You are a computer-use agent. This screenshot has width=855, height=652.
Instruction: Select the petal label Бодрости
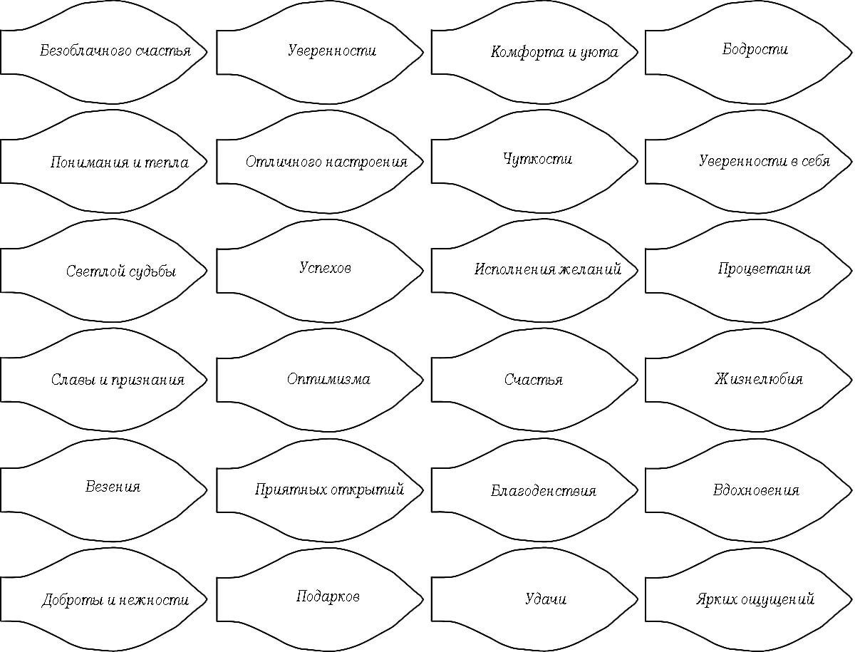[755, 49]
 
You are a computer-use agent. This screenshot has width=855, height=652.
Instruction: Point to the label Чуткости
[537, 160]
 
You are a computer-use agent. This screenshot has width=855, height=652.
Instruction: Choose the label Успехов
[325, 268]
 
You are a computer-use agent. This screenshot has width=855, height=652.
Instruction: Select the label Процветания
[765, 269]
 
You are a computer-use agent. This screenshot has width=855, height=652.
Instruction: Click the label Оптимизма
[328, 379]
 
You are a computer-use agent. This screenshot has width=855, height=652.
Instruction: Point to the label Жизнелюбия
[759, 379]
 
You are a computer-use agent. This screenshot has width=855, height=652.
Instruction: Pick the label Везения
[113, 487]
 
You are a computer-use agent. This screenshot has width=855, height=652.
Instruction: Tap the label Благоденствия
[544, 491]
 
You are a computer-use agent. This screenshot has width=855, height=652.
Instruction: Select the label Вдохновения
[756, 490]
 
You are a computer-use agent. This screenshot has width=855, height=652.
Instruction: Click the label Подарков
[328, 596]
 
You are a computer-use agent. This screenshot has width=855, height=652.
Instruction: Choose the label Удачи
[546, 599]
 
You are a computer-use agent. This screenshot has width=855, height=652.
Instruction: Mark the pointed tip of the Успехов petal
[423, 271]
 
